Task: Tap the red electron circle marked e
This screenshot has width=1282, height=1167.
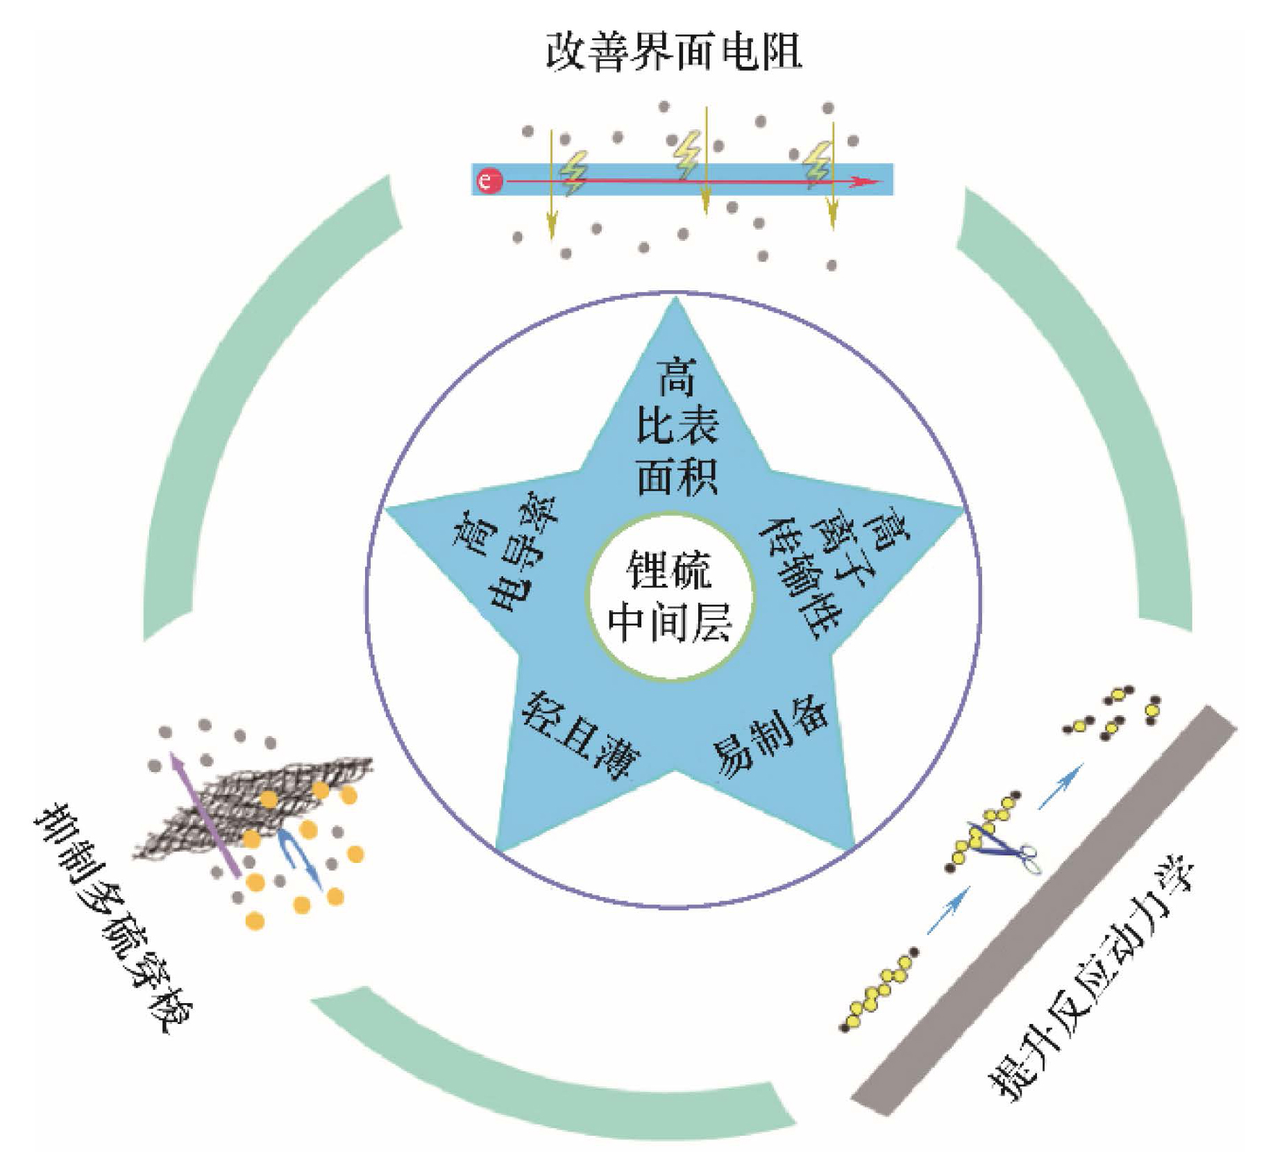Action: tap(489, 181)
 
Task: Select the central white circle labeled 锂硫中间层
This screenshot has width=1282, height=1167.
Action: tap(670, 598)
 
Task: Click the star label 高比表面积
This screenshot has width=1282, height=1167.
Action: tap(676, 426)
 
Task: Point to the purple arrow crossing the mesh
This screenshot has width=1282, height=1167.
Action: tap(205, 816)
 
